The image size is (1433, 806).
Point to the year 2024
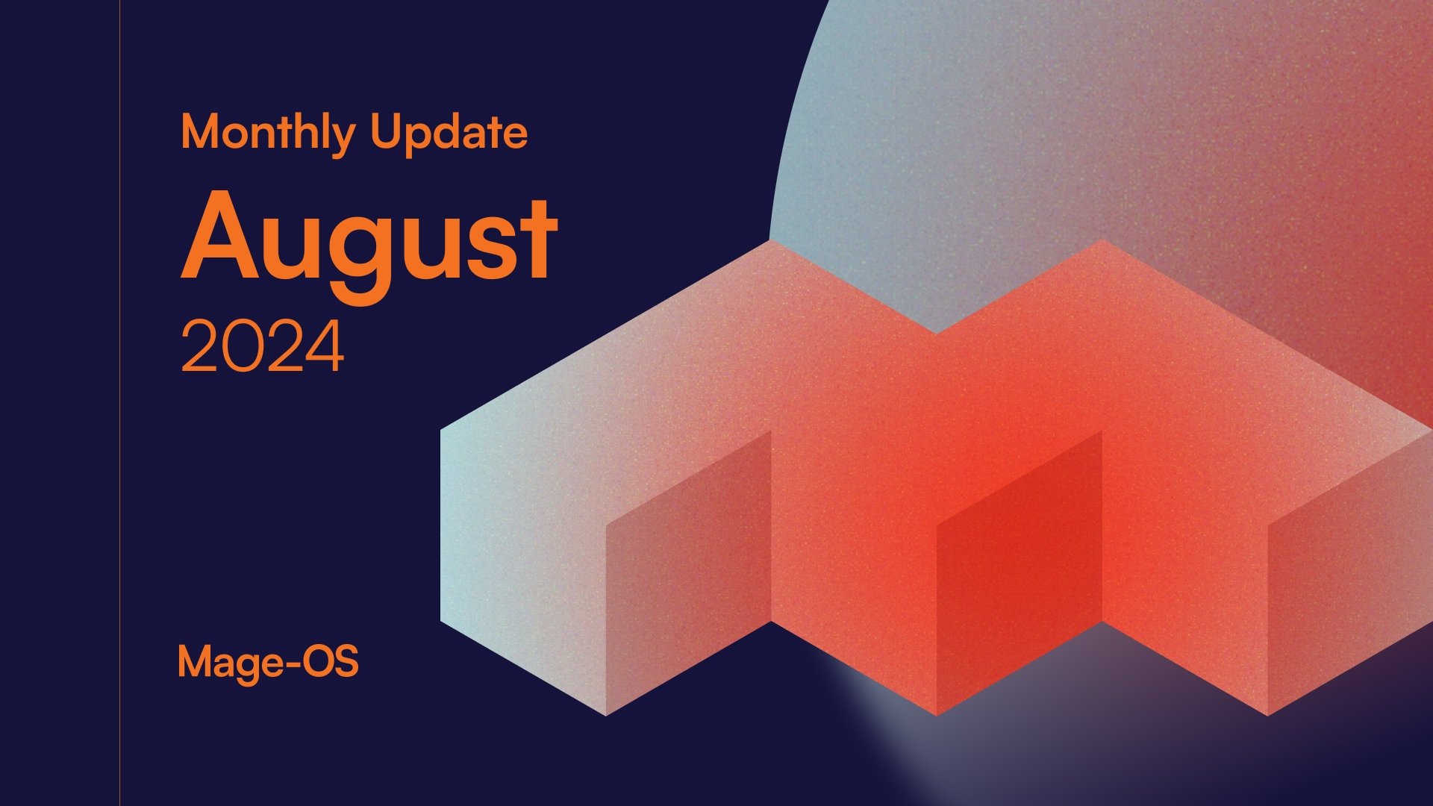(x=262, y=347)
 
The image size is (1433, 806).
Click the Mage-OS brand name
(x=268, y=661)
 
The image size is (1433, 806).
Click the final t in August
(x=537, y=237)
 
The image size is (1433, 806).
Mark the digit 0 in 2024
(x=243, y=347)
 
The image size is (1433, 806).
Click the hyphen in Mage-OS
(x=288, y=663)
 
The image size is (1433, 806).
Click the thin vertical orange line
(x=119, y=403)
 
